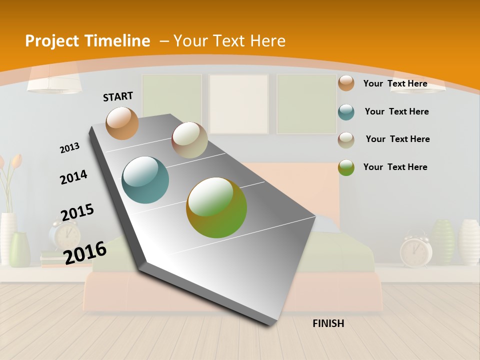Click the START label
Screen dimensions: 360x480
(118, 96)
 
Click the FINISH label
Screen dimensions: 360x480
(328, 323)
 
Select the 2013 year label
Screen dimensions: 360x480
(69, 148)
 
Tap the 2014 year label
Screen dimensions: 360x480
(73, 177)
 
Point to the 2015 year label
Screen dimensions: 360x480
(77, 212)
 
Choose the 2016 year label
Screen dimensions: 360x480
(85, 252)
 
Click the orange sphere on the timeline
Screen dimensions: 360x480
(122, 123)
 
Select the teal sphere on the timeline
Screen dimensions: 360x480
(145, 180)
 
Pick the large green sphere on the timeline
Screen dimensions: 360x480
(216, 207)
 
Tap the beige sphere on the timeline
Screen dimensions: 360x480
(189, 140)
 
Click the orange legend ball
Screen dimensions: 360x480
(346, 83)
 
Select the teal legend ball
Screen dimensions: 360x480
(346, 112)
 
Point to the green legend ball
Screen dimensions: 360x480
(346, 167)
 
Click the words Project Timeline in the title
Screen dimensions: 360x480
(87, 41)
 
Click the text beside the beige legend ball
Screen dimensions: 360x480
(397, 139)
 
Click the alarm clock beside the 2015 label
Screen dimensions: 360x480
(65, 235)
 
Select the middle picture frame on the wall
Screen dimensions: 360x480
(238, 104)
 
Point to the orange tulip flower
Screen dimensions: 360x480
(16, 160)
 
